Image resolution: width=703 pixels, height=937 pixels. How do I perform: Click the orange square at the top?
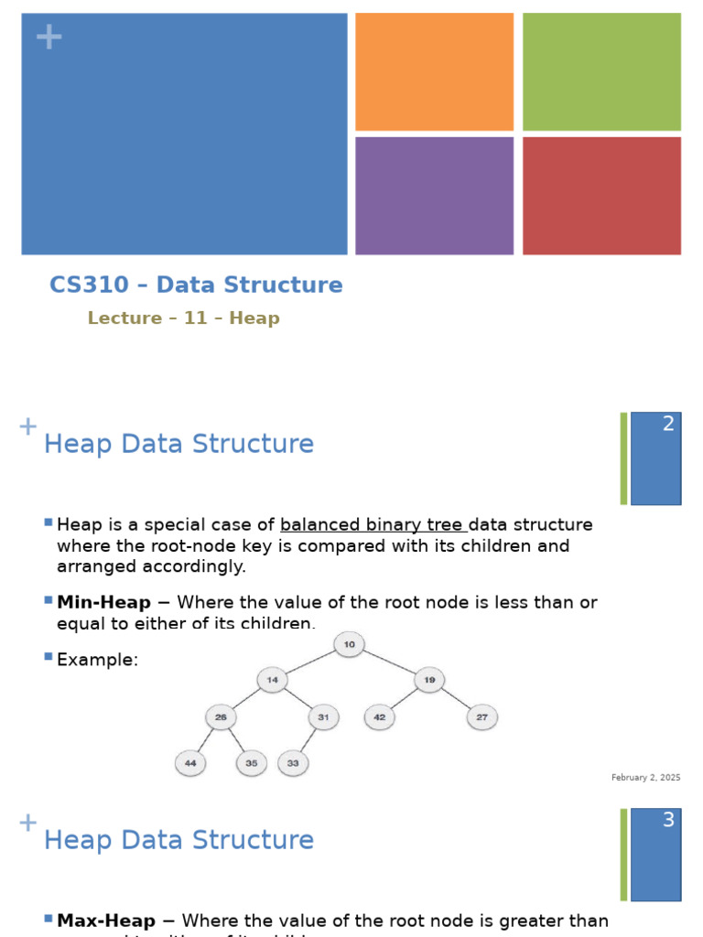pos(434,71)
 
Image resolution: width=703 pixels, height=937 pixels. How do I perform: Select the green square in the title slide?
pos(601,71)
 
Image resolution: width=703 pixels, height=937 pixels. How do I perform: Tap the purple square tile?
pos(434,196)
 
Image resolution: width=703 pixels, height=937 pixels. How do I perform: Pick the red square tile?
pos(601,196)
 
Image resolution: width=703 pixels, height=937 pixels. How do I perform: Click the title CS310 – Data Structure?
pos(196,285)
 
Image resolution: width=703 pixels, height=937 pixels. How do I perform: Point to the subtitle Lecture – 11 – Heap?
pos(183,318)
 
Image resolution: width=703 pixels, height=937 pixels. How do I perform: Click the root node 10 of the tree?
pos(349,644)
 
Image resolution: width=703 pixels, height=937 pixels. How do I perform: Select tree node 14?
pos(272,680)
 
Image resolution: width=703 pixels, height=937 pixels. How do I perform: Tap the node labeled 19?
pos(429,680)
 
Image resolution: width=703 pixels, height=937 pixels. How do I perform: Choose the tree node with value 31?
pos(323,717)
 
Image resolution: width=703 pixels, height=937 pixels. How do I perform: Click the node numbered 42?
pos(380,717)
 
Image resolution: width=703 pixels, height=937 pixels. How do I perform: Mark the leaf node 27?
pos(482,717)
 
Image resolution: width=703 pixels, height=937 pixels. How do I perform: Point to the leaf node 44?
pos(190,762)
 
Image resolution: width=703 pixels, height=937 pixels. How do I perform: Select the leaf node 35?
pos(251,762)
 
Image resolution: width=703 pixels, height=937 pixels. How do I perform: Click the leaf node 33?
pos(293,762)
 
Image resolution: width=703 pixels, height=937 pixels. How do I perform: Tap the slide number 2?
pos(668,424)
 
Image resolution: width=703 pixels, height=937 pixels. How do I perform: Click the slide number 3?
pos(668,820)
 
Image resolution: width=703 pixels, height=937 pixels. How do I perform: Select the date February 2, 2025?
pos(645,778)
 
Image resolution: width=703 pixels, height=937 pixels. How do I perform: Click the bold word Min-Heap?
pos(103,602)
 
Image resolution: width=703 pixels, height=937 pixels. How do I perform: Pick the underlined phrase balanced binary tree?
pos(373,524)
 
